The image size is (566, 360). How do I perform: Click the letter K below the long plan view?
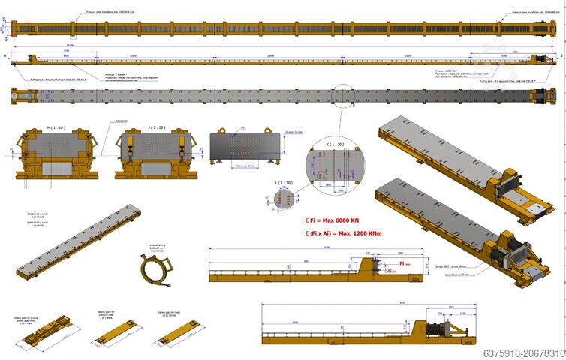click(x=353, y=106)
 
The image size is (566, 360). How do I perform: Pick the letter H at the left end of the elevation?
click(x=5, y=55)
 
